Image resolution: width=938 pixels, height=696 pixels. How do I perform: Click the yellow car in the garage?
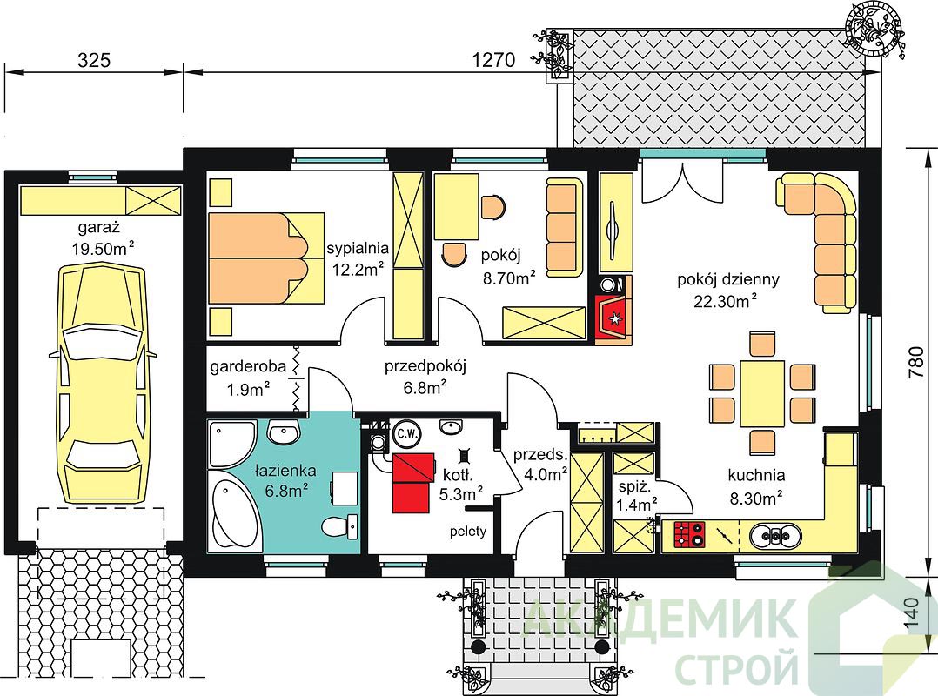tap(103, 385)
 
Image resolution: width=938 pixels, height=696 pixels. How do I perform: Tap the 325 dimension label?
tap(94, 60)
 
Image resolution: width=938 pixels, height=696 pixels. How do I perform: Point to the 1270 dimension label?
tap(493, 60)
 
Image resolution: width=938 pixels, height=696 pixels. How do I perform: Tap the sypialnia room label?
tap(358, 248)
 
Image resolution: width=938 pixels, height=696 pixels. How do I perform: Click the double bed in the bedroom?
tap(266, 258)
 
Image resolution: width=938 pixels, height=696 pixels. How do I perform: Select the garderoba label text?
tap(248, 366)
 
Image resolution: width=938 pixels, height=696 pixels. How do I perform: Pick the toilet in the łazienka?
tap(340, 526)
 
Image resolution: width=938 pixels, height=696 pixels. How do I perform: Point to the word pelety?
tap(468, 531)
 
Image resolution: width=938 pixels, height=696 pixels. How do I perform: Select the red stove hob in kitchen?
tap(690, 535)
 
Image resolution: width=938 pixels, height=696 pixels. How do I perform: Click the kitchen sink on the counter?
tap(775, 536)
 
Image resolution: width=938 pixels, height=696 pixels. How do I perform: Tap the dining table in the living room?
tap(762, 393)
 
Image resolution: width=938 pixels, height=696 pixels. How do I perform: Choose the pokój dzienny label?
tap(728, 279)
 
